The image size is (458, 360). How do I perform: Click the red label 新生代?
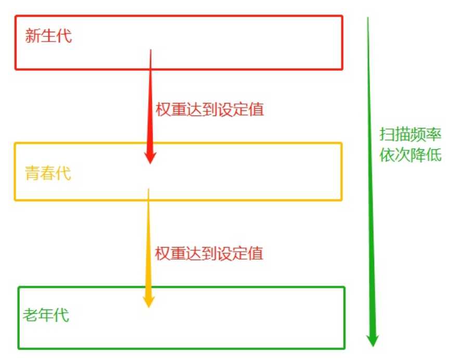point(48,36)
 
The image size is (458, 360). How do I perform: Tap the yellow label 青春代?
point(48,173)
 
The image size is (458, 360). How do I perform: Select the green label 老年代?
point(46,315)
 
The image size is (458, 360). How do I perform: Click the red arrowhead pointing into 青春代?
point(150,156)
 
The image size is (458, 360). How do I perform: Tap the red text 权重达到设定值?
point(210,109)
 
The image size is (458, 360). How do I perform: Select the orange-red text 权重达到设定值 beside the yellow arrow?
point(209,253)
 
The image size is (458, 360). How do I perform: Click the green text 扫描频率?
point(410,134)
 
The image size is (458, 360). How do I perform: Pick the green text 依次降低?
point(410,155)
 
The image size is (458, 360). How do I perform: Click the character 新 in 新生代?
point(33,36)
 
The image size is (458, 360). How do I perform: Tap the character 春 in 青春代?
point(48,173)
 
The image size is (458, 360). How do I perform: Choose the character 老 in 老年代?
point(30,315)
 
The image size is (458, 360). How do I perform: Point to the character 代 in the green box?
point(61,315)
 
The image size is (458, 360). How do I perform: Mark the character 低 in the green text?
point(434,155)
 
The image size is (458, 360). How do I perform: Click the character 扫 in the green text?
point(387,134)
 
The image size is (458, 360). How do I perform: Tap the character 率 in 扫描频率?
point(434,134)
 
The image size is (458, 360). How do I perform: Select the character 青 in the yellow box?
point(32,173)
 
